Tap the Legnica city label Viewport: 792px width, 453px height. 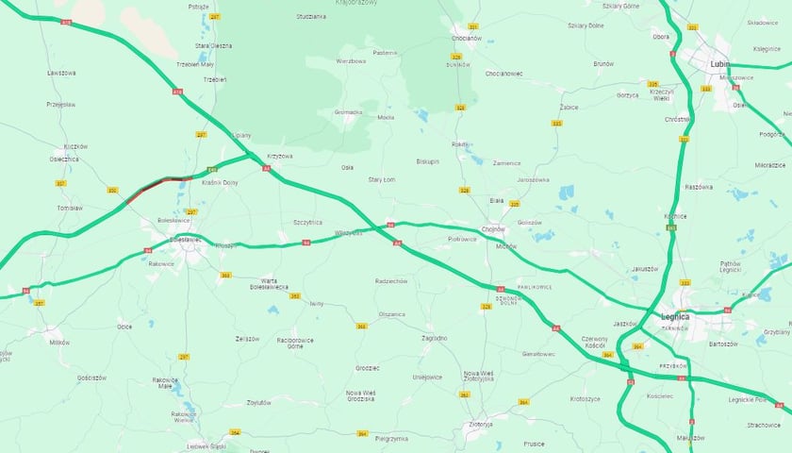(x=675, y=316)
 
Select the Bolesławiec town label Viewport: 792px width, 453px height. (x=185, y=240)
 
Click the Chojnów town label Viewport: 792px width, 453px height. (x=493, y=228)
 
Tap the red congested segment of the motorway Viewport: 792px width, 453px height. (x=156, y=185)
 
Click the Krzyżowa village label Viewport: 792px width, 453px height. (x=280, y=156)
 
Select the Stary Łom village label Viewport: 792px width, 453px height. (x=382, y=179)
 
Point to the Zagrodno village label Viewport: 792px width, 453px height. (x=435, y=337)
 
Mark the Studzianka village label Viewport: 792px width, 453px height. (x=310, y=16)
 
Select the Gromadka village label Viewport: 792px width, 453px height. (x=348, y=111)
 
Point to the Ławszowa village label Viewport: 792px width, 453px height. (x=61, y=72)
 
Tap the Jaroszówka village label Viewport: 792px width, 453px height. (x=533, y=178)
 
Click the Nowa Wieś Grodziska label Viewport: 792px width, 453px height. (x=360, y=395)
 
